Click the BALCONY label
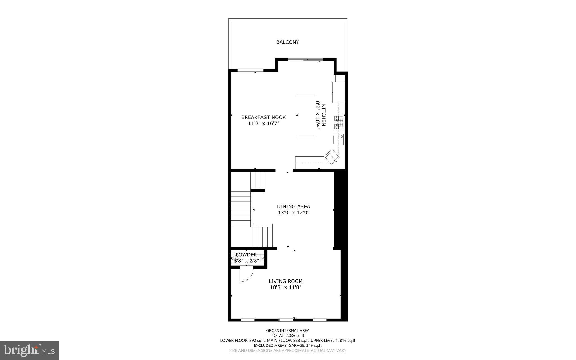click(x=287, y=42)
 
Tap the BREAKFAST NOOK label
click(x=264, y=117)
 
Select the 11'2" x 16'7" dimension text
click(x=264, y=123)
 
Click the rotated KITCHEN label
click(x=324, y=115)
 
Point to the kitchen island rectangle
click(x=306, y=116)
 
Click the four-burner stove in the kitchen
click(x=339, y=122)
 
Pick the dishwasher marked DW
click(x=338, y=139)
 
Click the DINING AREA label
click(x=293, y=207)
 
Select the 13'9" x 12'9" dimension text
click(x=294, y=213)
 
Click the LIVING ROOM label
click(x=285, y=281)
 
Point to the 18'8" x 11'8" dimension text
click(x=285, y=287)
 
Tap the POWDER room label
click(x=246, y=255)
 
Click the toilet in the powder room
click(x=236, y=258)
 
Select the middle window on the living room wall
click(x=286, y=320)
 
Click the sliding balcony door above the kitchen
click(x=306, y=59)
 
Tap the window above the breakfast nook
click(x=251, y=70)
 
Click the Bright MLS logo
click(x=29, y=350)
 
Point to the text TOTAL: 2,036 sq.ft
click(x=288, y=336)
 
